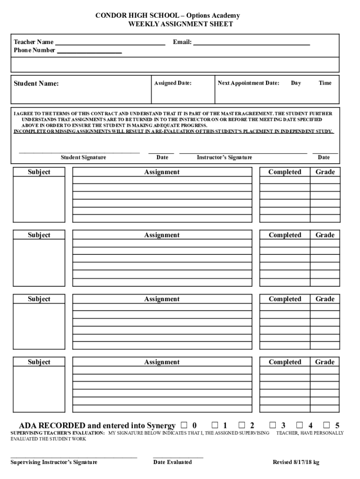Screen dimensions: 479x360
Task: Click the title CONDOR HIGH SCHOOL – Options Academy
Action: [x=167, y=16]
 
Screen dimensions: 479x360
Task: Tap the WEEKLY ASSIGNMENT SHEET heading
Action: [x=180, y=24]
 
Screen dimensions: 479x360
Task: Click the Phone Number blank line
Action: [x=89, y=51]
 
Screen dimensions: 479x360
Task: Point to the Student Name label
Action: [x=36, y=84]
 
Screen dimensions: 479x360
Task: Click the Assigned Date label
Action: [x=173, y=83]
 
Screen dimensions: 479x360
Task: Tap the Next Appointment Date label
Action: [x=248, y=83]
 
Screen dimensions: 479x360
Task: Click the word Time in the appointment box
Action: [x=325, y=83]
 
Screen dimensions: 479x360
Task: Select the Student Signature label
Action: [x=83, y=158]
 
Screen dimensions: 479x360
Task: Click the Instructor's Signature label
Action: [x=224, y=158]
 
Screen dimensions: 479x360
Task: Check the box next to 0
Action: [x=184, y=425]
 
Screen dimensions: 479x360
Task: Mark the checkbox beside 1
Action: [x=215, y=425]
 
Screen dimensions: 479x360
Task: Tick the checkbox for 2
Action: [x=242, y=425]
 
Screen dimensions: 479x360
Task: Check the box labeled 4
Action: [x=299, y=425]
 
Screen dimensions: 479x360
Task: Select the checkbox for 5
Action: [x=327, y=425]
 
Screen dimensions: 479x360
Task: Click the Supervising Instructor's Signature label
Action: [x=54, y=462]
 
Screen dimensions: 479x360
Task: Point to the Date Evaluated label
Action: [x=172, y=462]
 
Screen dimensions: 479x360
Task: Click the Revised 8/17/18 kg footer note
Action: [x=296, y=462]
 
